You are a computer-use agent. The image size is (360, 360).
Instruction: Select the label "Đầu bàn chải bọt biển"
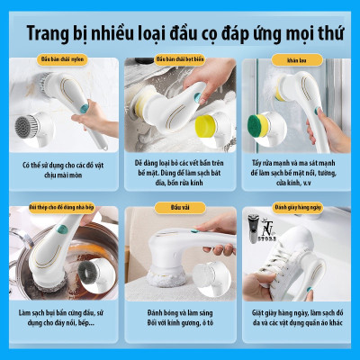[179, 59]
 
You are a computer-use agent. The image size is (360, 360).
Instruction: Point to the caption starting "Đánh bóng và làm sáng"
[179, 316]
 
